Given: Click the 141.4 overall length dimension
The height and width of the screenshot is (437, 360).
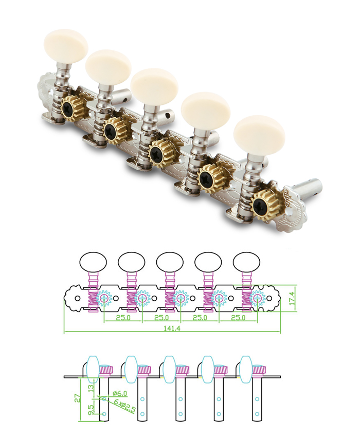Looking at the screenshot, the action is (x=172, y=329).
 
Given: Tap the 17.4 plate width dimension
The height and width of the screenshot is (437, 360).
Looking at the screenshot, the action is (x=292, y=298).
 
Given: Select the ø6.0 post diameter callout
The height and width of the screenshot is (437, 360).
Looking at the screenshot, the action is (x=120, y=393).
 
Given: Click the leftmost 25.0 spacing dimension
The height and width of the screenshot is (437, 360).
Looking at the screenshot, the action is (x=123, y=317).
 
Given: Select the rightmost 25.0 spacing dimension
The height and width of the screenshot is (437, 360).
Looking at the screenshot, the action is (x=238, y=317).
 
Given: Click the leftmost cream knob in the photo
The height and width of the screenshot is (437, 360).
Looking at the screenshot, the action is (x=66, y=45).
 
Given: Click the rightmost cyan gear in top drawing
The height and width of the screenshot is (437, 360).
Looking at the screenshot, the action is (x=257, y=298).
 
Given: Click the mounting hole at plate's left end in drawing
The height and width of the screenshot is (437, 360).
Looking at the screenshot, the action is (x=78, y=299).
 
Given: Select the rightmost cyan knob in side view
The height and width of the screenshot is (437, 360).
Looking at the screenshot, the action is (x=246, y=369).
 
